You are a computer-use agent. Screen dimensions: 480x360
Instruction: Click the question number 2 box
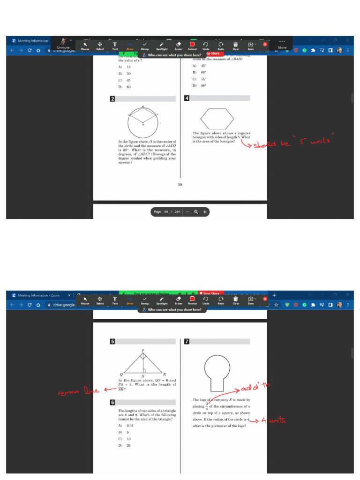(x=112, y=99)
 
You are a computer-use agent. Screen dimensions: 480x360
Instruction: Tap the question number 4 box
(x=187, y=98)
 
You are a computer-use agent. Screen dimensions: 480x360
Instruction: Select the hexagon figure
(x=217, y=117)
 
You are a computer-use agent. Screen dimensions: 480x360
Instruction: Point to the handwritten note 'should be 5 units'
(x=292, y=143)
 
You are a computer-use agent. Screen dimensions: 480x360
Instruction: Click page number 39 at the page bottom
(x=180, y=185)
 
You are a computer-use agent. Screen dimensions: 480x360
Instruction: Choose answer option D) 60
(x=125, y=87)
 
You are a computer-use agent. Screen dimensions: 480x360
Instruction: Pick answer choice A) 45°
(x=199, y=66)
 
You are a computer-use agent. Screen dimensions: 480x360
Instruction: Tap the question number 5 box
(x=112, y=341)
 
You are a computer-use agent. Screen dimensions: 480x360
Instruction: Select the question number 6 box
(x=112, y=402)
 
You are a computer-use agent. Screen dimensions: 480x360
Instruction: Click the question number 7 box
(x=187, y=341)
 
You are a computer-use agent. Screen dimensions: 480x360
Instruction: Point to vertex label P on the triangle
(x=142, y=350)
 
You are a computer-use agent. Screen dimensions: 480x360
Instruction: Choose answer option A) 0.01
(x=125, y=426)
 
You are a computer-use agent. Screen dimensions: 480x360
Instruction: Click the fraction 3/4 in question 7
(x=207, y=406)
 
